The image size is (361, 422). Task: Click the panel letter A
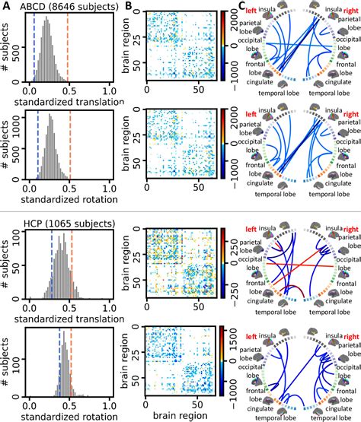pyautogui.click(x=5, y=6)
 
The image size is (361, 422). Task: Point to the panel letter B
pyautogui.click(x=128, y=6)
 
